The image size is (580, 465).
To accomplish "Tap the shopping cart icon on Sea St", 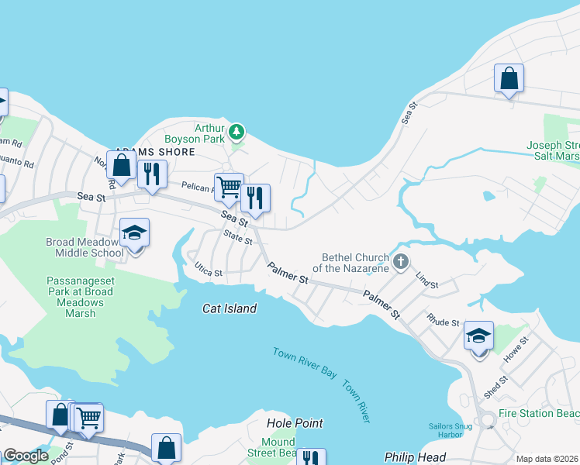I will (x=229, y=186).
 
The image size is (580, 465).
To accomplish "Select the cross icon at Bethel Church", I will (x=401, y=261).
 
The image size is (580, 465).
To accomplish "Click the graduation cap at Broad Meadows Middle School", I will (x=134, y=232).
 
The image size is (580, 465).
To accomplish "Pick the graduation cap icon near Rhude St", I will (x=478, y=336).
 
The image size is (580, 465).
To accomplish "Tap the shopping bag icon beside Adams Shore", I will (x=121, y=164).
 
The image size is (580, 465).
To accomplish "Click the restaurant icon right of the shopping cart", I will (x=255, y=198).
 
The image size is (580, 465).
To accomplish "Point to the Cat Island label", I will (x=230, y=308).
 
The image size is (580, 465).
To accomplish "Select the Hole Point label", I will (x=295, y=423).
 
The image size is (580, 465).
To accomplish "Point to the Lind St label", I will (x=427, y=281).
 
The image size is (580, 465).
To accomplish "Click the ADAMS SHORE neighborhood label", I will (x=155, y=152).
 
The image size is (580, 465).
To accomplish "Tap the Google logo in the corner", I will (x=26, y=456).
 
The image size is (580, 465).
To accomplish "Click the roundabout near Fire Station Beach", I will (x=487, y=420).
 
